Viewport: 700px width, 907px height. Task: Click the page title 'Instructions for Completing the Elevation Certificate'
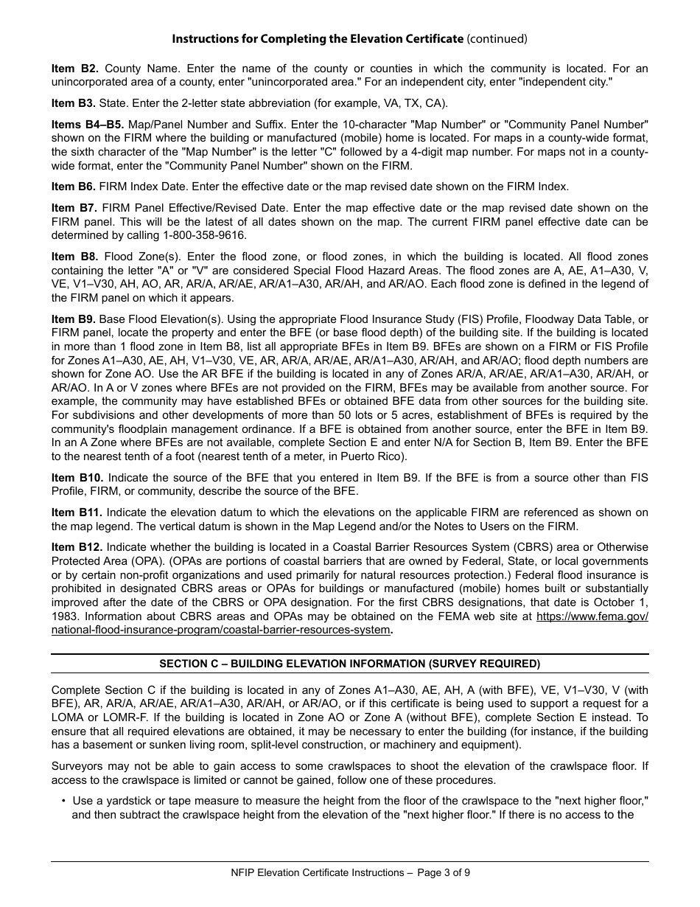coord(318,38)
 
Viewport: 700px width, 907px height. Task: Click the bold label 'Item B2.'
coord(74,69)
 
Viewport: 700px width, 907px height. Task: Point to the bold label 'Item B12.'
coord(77,546)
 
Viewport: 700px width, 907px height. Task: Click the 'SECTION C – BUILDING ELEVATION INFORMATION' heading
coord(350,664)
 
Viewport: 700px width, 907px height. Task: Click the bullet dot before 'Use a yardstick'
coord(63,801)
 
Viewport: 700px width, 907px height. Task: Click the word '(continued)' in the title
coord(497,38)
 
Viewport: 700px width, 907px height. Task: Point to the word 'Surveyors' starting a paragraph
coord(77,766)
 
